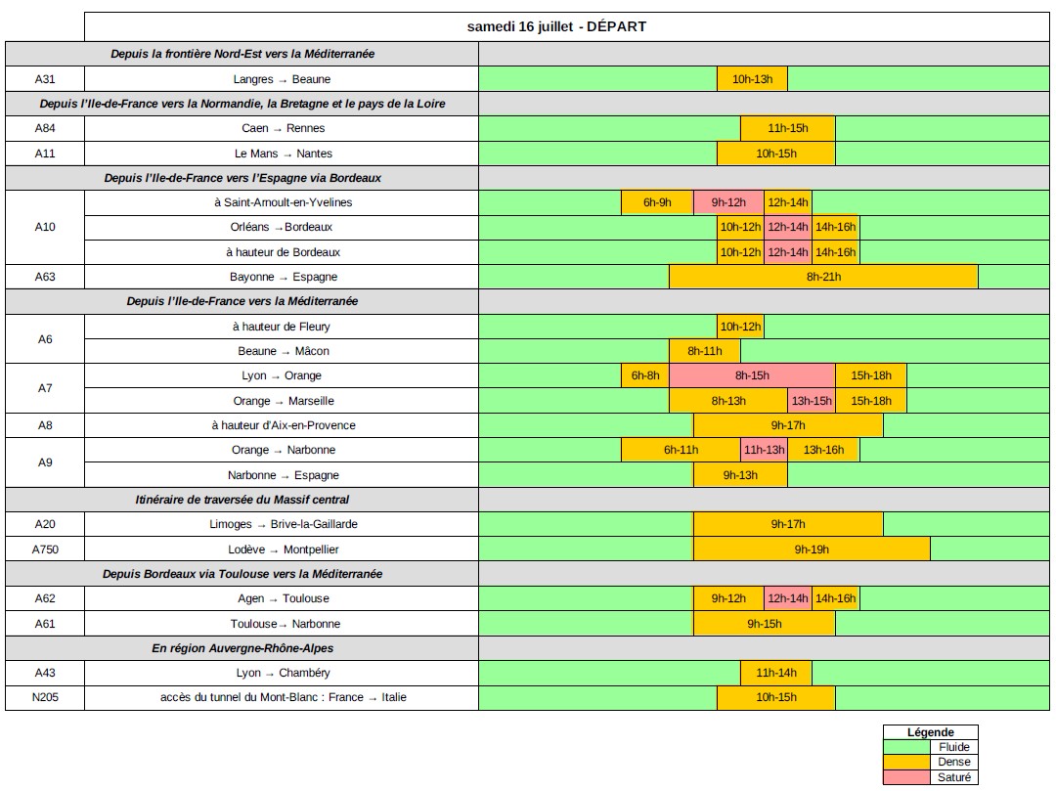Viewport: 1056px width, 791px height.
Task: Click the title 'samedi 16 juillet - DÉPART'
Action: click(556, 26)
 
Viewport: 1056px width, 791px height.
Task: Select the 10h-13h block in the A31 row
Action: click(752, 79)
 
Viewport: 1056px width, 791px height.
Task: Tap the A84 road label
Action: click(45, 128)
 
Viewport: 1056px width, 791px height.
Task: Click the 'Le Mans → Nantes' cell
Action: click(283, 154)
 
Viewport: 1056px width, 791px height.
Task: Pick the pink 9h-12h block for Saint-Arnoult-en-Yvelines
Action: click(728, 202)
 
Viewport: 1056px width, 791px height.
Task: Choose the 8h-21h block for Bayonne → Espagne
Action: click(823, 277)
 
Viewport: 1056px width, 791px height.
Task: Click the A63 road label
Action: click(45, 277)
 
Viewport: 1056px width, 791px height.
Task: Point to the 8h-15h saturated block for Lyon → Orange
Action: click(752, 375)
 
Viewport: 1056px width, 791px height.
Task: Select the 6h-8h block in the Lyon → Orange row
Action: click(645, 375)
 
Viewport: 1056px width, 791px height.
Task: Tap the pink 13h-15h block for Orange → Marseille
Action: click(812, 401)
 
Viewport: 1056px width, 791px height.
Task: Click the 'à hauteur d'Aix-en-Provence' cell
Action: click(283, 425)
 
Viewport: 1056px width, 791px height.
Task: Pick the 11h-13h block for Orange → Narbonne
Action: click(764, 450)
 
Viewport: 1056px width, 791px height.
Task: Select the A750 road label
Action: click(45, 549)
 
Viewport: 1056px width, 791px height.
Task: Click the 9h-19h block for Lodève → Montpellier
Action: click(812, 549)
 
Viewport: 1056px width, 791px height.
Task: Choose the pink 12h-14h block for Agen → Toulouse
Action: click(787, 598)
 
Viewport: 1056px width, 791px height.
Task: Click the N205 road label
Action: click(45, 697)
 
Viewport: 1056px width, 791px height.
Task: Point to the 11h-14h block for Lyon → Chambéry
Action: click(775, 673)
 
